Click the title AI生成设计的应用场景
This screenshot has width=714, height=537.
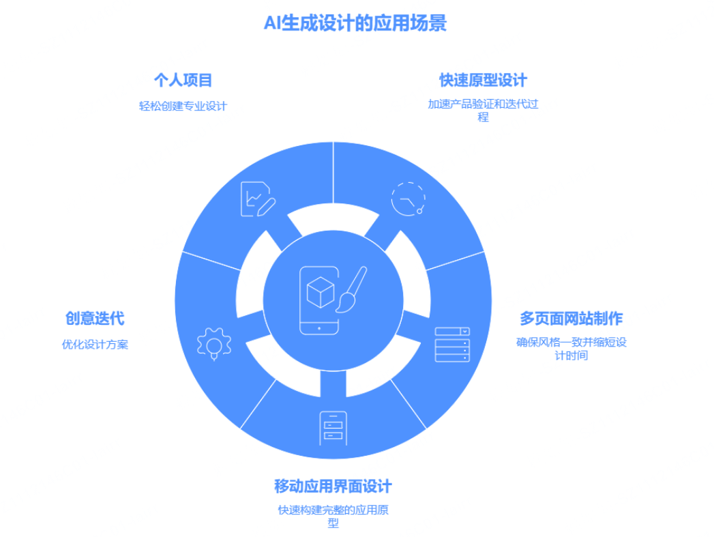click(355, 24)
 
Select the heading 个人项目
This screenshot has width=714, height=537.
click(183, 81)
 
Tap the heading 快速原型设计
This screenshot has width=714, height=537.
click(483, 81)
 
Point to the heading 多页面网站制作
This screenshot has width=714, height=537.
click(571, 319)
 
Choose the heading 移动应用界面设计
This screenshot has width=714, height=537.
click(333, 487)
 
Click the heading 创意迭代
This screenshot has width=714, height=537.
click(95, 319)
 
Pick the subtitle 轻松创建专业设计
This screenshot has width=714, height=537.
click(183, 106)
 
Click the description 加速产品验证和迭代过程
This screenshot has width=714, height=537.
click(483, 111)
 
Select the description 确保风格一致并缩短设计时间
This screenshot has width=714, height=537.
click(571, 348)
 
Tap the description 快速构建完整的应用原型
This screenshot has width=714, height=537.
click(333, 516)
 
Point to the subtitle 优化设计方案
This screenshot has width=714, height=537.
click(95, 345)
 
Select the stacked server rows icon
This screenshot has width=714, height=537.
click(452, 345)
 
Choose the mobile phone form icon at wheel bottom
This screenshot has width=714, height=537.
click(333, 429)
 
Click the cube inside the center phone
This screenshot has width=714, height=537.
click(318, 293)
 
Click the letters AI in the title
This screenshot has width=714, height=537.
click(271, 24)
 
